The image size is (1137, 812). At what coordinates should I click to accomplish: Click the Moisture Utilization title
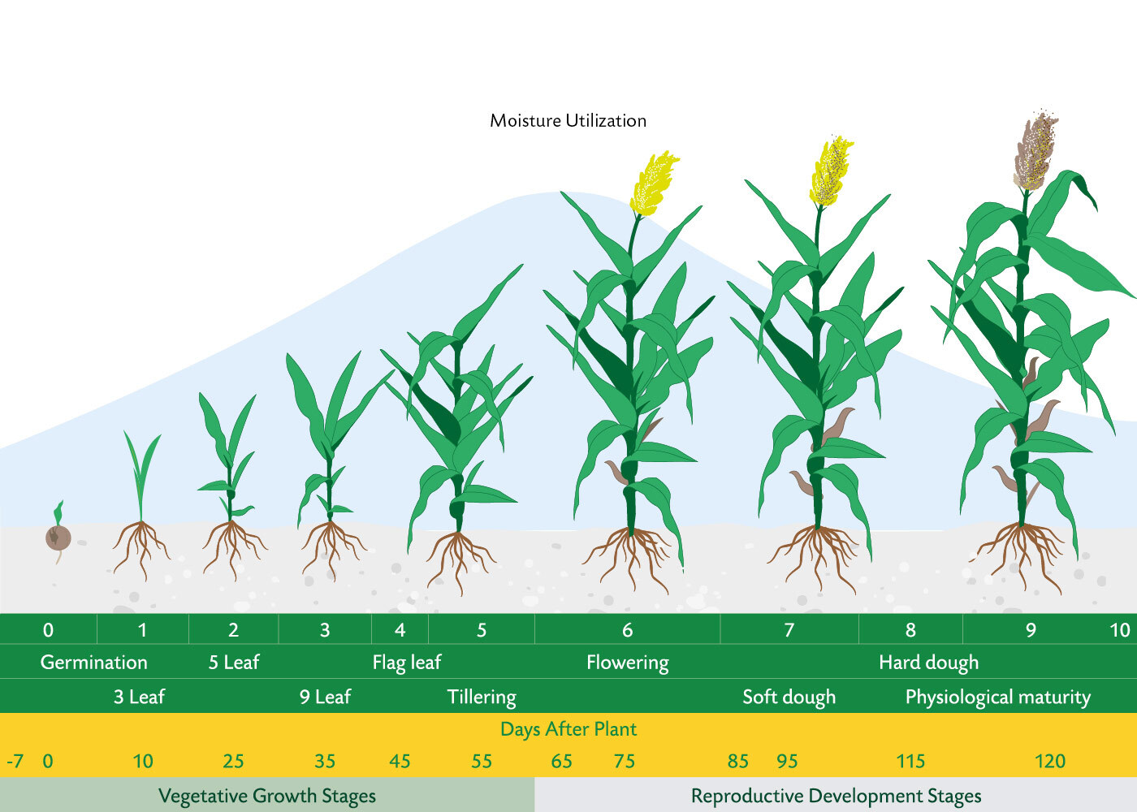[x=568, y=121]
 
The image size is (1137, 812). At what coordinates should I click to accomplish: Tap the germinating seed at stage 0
[x=58, y=537]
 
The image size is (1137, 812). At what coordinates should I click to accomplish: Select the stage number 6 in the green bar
[x=627, y=630]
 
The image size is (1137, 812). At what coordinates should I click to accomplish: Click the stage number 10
[x=1120, y=630]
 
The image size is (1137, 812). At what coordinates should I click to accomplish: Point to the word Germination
[x=94, y=663]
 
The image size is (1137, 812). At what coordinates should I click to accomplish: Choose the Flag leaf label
[x=407, y=663]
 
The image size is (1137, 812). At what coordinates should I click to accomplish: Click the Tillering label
[x=482, y=697]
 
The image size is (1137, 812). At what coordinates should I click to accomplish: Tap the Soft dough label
[x=789, y=697]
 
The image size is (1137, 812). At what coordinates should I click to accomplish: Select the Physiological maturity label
[x=998, y=697]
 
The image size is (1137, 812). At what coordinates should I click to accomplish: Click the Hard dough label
[x=929, y=663]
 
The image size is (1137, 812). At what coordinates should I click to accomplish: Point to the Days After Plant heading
[x=568, y=729]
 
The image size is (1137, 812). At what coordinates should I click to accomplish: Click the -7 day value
[x=15, y=762]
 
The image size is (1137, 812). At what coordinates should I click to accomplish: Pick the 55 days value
[x=482, y=762]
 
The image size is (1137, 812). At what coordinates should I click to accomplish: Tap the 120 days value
[x=1050, y=762]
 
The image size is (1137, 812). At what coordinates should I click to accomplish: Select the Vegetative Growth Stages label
[x=267, y=795]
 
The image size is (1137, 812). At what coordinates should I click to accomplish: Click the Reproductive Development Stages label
[x=836, y=795]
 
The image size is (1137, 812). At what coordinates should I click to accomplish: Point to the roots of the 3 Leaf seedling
[x=141, y=549]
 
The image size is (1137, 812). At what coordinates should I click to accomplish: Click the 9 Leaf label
[x=325, y=697]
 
